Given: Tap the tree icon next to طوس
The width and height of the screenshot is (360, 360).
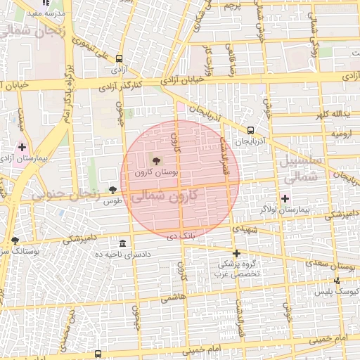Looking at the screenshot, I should click(x=112, y=190).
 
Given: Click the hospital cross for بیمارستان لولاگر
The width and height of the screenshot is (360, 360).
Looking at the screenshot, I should click(x=285, y=199).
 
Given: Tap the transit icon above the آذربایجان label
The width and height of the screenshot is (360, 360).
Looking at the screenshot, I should click(x=250, y=129).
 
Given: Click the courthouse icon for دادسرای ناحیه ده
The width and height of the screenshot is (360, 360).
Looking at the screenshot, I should click(x=123, y=243).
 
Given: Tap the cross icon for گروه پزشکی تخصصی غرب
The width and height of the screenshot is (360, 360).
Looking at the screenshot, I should click(x=236, y=253).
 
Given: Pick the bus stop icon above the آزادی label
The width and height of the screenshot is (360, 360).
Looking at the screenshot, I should click(x=119, y=59).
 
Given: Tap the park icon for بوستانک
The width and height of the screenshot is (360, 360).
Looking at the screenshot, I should click(x=15, y=240).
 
